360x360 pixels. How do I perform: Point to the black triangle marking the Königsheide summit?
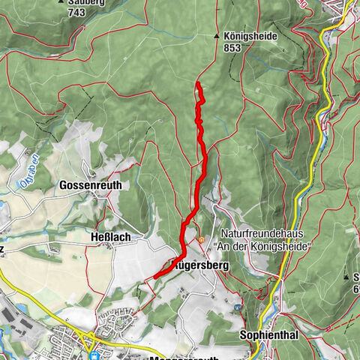[217, 35]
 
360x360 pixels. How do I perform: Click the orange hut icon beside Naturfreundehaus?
[201, 240]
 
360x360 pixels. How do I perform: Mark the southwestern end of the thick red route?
[155, 278]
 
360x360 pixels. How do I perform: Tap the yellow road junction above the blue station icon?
[92, 334]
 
